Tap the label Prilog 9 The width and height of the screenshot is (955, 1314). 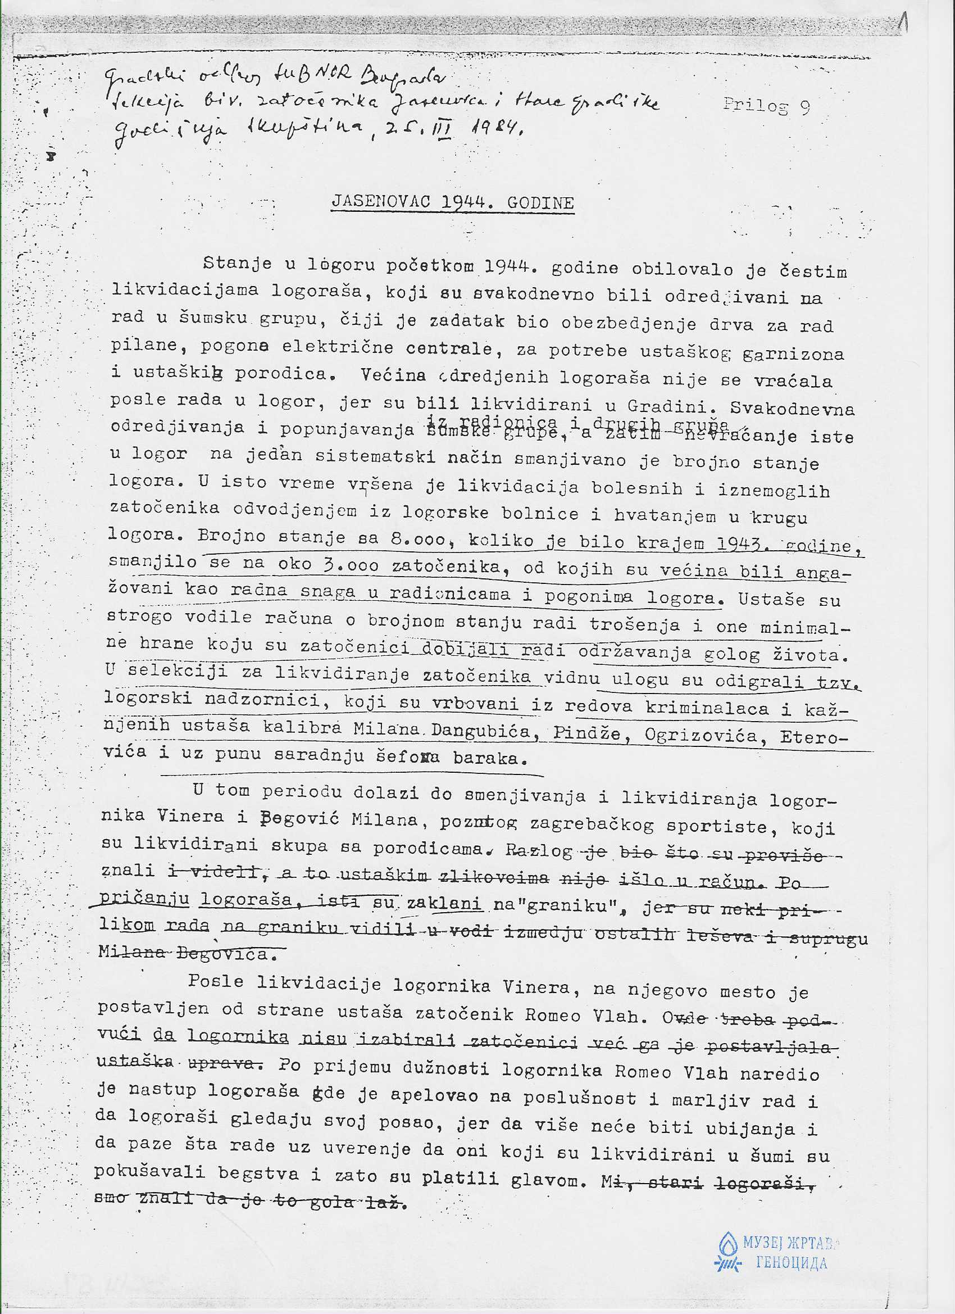pyautogui.click(x=766, y=106)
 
